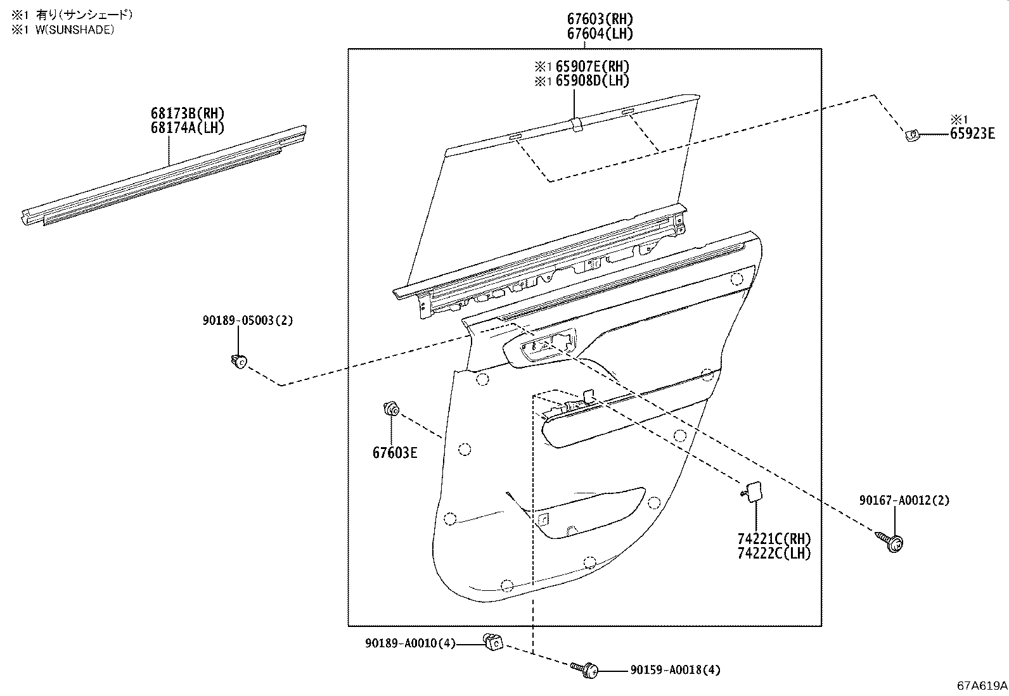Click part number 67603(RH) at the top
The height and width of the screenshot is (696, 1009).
point(600,19)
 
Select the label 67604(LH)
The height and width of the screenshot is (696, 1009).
point(600,34)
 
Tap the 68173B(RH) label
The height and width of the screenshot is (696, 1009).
point(187,113)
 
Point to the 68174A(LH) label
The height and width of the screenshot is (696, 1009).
point(187,127)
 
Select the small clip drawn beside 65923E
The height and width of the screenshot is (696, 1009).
point(911,135)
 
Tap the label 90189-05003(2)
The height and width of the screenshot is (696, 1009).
point(248,320)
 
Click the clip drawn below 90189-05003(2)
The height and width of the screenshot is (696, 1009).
point(238,362)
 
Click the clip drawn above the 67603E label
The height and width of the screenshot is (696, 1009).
point(390,409)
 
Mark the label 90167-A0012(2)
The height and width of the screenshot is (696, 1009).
point(904,500)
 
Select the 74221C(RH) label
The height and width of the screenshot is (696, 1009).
point(774,539)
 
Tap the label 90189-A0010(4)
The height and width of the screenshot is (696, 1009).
point(410,643)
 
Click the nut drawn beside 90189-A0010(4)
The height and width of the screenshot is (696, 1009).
point(492,642)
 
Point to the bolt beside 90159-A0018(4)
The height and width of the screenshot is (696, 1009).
point(586,669)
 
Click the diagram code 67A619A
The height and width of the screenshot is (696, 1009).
point(982,685)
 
